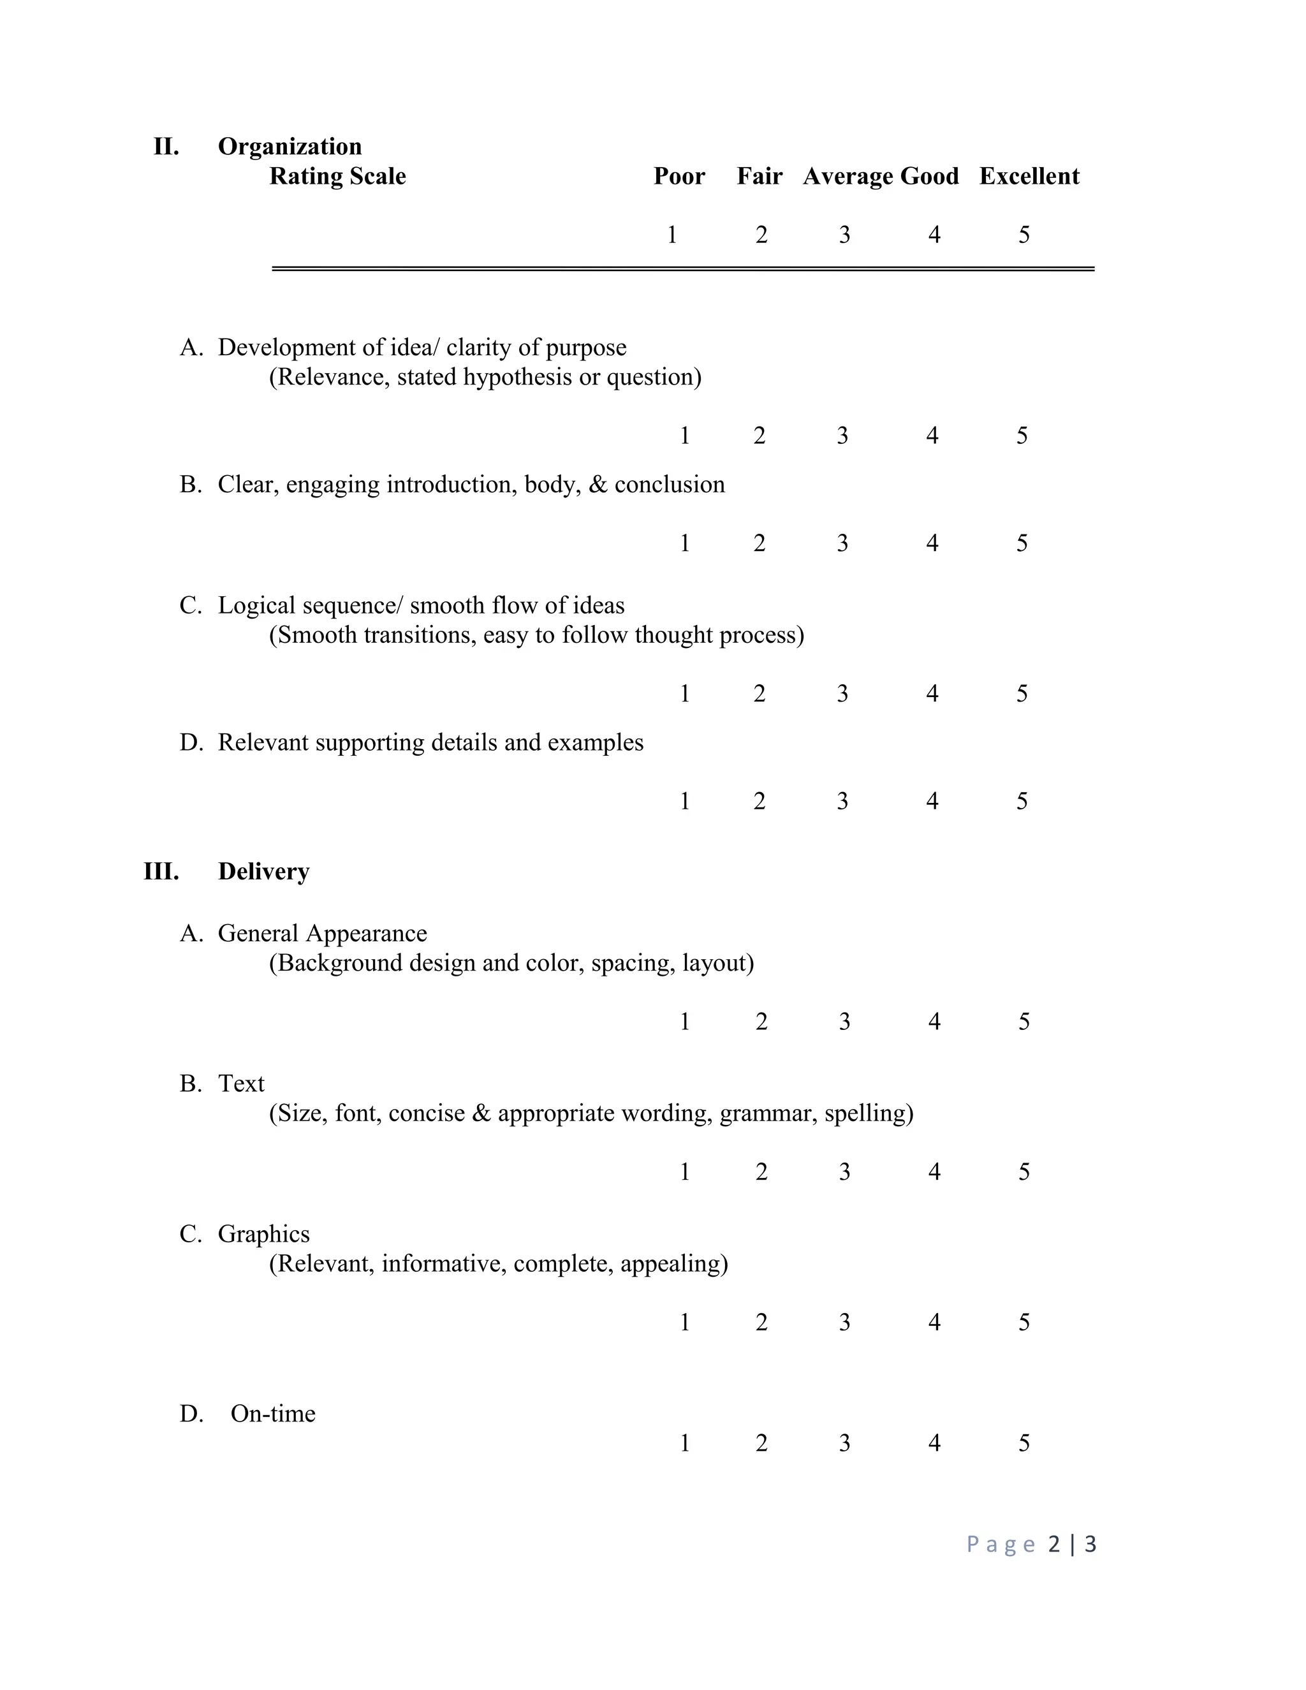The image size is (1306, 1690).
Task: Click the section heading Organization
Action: pyautogui.click(x=290, y=146)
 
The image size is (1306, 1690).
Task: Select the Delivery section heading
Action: pyautogui.click(x=263, y=871)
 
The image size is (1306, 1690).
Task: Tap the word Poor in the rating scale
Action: pyautogui.click(x=679, y=177)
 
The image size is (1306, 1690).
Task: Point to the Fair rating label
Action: pyautogui.click(x=759, y=177)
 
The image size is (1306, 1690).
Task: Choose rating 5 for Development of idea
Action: pyautogui.click(x=1022, y=436)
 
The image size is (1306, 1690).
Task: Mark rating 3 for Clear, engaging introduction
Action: pyautogui.click(x=842, y=543)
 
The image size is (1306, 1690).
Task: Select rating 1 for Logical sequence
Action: pyautogui.click(x=685, y=693)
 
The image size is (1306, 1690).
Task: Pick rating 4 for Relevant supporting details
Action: pyautogui.click(x=932, y=801)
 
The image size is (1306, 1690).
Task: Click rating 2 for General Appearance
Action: pyautogui.click(x=761, y=1022)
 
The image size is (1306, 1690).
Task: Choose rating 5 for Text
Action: pyautogui.click(x=1024, y=1172)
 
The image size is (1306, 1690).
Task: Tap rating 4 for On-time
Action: pyautogui.click(x=934, y=1443)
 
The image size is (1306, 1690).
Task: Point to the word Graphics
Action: pyautogui.click(x=263, y=1233)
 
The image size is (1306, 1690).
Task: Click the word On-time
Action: pyautogui.click(x=272, y=1414)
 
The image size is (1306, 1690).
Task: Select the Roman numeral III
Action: pyautogui.click(x=161, y=871)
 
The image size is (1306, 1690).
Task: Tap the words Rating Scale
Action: pyautogui.click(x=337, y=177)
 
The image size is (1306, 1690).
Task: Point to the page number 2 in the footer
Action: pyautogui.click(x=1053, y=1545)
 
